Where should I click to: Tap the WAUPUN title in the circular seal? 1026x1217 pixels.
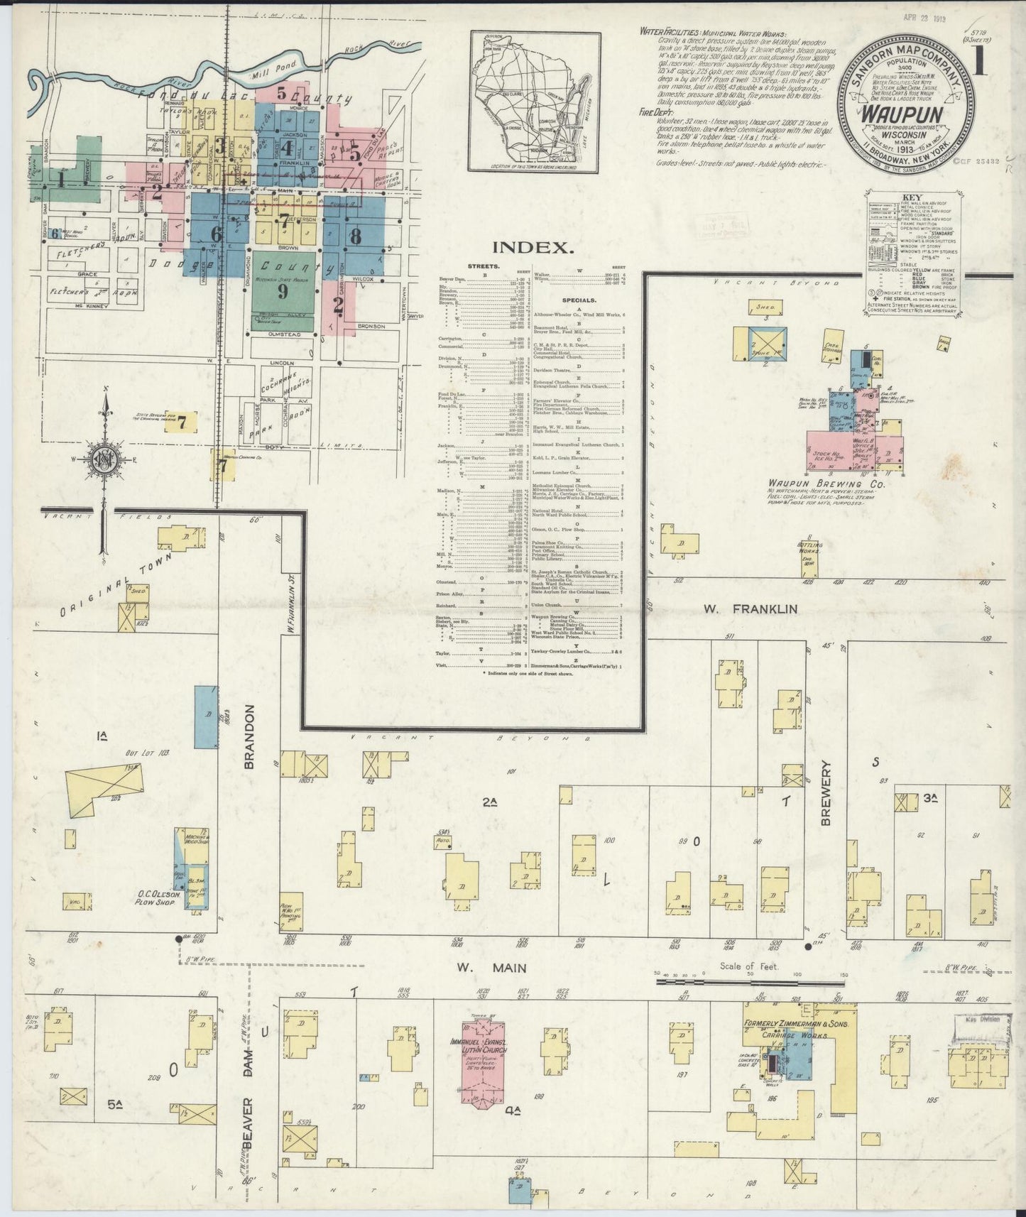(x=904, y=115)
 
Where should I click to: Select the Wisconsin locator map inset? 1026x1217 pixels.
(x=535, y=102)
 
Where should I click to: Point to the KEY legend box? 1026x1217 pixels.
(x=913, y=253)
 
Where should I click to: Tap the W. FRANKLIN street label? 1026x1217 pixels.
(x=751, y=608)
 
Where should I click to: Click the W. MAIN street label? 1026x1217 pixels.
(x=491, y=968)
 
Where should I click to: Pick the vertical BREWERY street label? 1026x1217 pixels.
(x=826, y=793)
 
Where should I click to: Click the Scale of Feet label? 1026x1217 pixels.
(x=750, y=966)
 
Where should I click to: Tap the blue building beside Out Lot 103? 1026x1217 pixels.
(x=206, y=716)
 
